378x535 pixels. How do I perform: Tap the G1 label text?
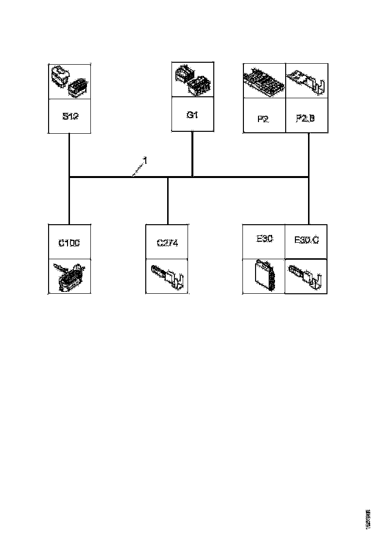(x=193, y=115)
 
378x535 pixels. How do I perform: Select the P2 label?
(x=263, y=118)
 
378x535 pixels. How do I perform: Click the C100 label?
(x=69, y=242)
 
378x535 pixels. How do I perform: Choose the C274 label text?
(x=168, y=243)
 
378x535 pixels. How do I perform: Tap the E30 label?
(x=264, y=239)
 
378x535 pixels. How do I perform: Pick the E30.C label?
(x=307, y=240)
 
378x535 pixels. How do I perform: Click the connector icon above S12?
(x=69, y=81)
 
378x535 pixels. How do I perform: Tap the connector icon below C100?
(x=69, y=277)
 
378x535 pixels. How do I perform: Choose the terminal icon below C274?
(x=168, y=277)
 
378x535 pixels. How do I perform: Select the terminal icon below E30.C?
(x=306, y=276)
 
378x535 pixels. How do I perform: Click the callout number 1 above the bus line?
(x=144, y=160)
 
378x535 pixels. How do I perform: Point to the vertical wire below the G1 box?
(x=193, y=154)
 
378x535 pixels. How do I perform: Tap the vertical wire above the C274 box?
(x=168, y=200)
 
